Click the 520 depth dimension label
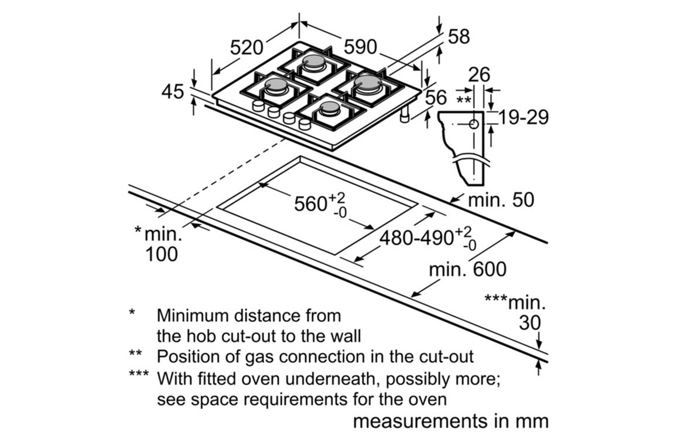click(x=247, y=47)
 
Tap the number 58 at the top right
click(x=459, y=37)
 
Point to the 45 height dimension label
click(x=173, y=91)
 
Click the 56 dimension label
click(x=436, y=98)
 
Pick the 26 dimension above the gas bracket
click(x=479, y=75)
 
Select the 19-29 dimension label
click(x=523, y=117)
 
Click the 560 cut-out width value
click(x=310, y=203)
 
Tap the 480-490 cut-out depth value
click(x=416, y=237)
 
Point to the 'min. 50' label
click(x=501, y=200)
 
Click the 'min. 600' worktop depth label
click(x=467, y=270)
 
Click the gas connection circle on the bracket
click(x=474, y=124)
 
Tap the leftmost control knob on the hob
click(x=258, y=106)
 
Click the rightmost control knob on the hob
click(x=305, y=124)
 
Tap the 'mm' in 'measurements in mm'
click(x=534, y=422)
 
